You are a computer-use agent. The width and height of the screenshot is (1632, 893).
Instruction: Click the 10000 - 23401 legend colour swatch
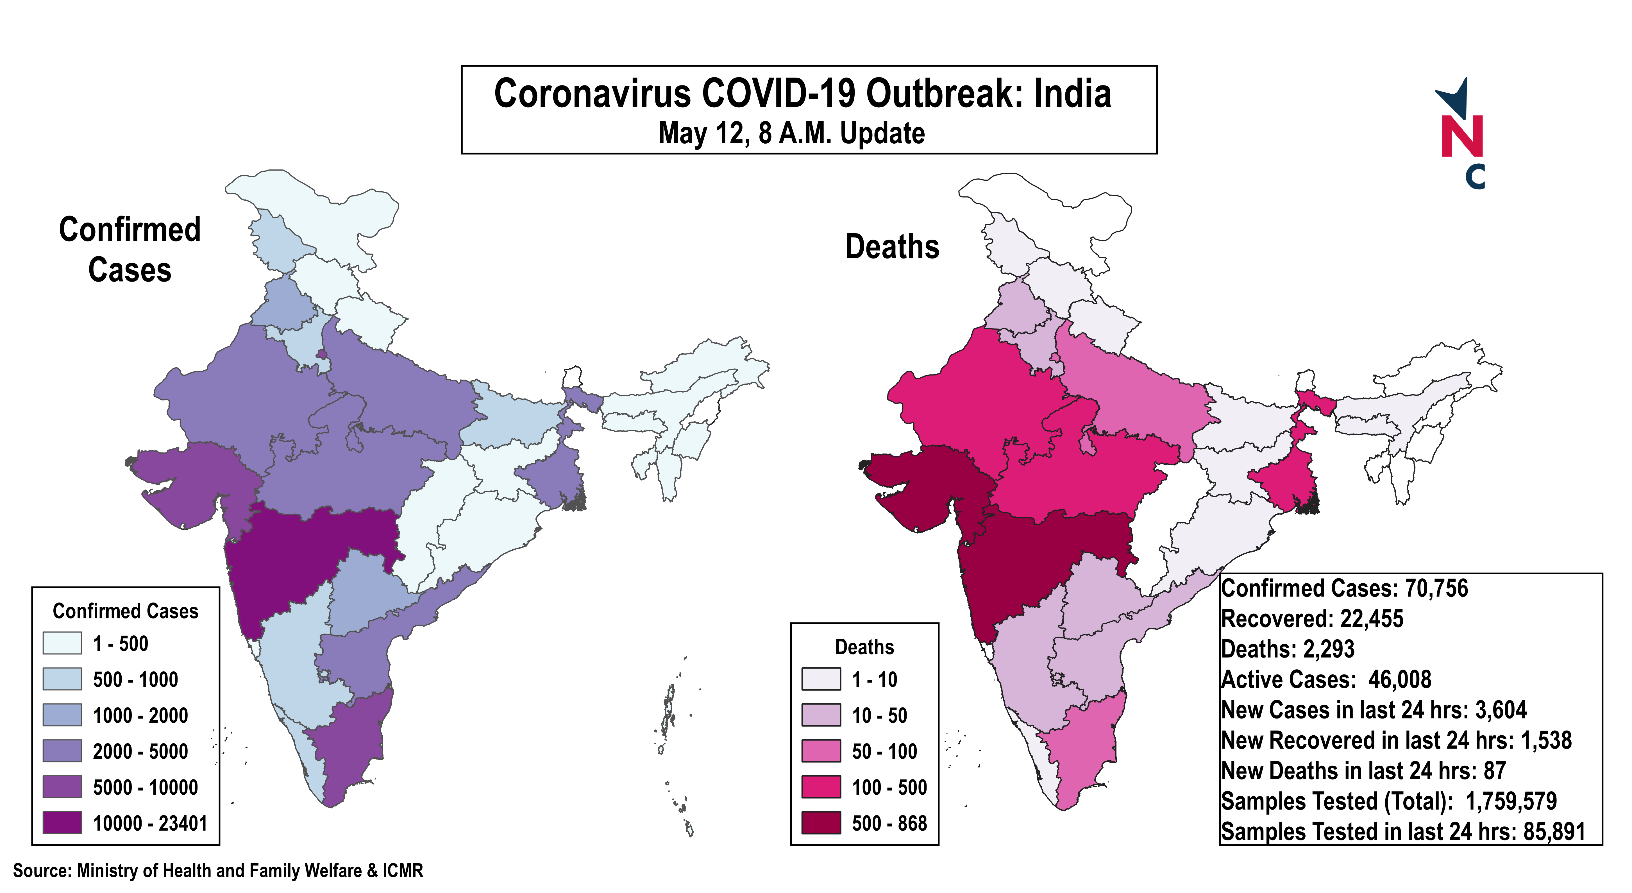pos(62,823)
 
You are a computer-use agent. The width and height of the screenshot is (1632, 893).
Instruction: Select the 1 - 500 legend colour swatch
pos(62,643)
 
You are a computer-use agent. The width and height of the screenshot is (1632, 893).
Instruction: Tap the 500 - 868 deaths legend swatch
pos(821,823)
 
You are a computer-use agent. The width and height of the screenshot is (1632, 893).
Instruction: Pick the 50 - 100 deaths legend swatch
pos(821,751)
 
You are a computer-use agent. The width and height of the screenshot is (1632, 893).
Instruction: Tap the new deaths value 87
pos(1495,771)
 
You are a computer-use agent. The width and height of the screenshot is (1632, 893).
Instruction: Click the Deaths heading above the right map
pos(892,246)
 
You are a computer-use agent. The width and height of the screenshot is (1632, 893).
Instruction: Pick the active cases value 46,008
pos(1399,679)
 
